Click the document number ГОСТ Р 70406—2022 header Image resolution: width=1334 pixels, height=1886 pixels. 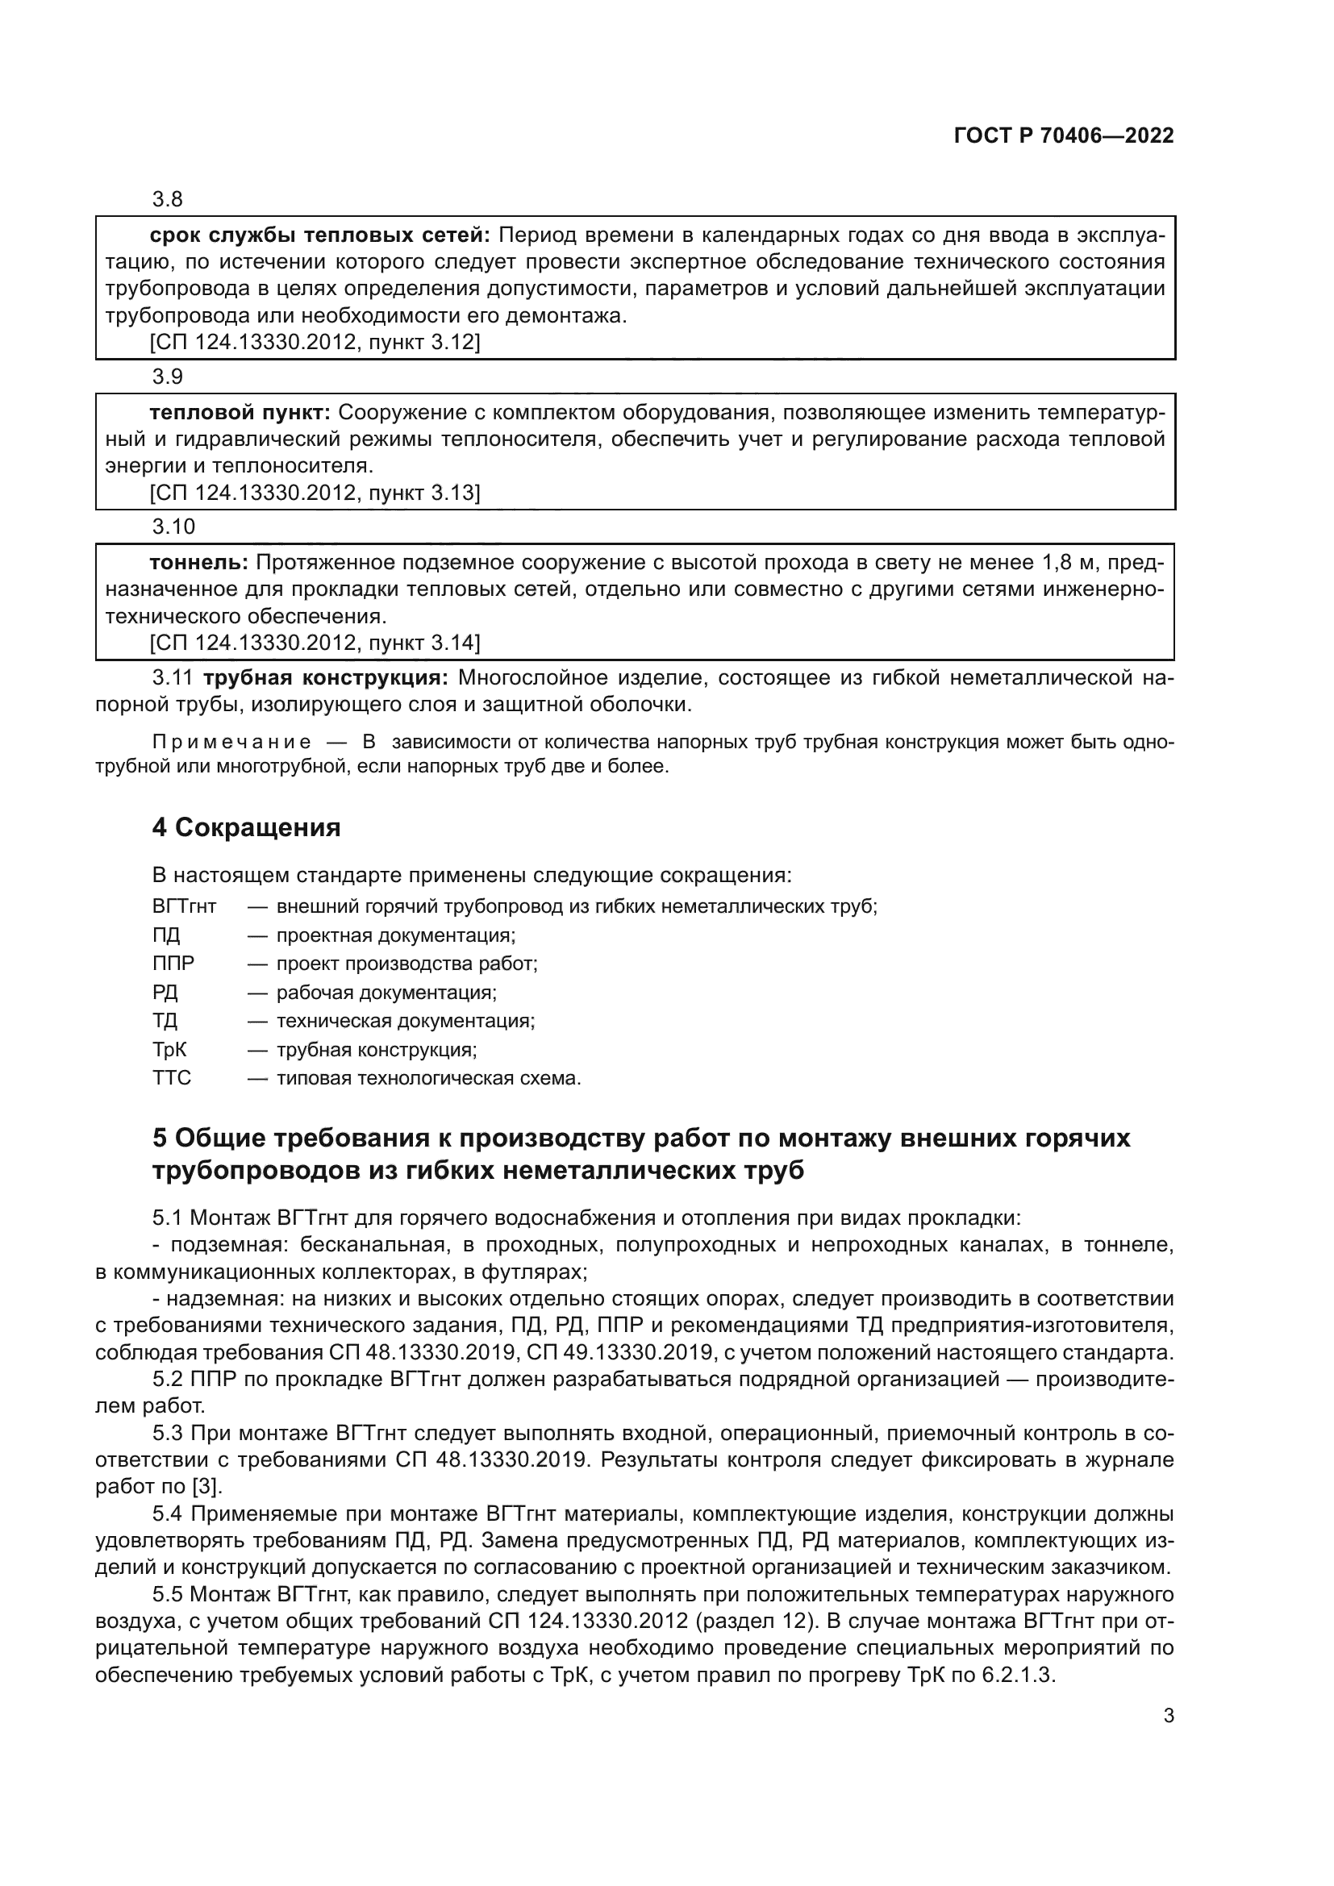[1064, 136]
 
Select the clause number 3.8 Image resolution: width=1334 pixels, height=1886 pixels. [168, 200]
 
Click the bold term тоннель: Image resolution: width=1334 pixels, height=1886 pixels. [198, 563]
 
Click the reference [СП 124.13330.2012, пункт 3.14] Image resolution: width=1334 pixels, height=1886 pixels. [315, 643]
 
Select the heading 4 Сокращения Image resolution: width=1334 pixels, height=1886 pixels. [246, 827]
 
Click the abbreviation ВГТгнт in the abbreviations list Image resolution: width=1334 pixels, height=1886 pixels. [184, 907]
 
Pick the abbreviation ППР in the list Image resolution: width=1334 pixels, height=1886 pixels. [173, 964]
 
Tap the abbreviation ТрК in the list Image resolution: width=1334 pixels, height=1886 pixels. [169, 1050]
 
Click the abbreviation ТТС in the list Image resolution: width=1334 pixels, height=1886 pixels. [171, 1078]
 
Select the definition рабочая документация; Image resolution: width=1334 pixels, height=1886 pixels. [386, 993]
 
